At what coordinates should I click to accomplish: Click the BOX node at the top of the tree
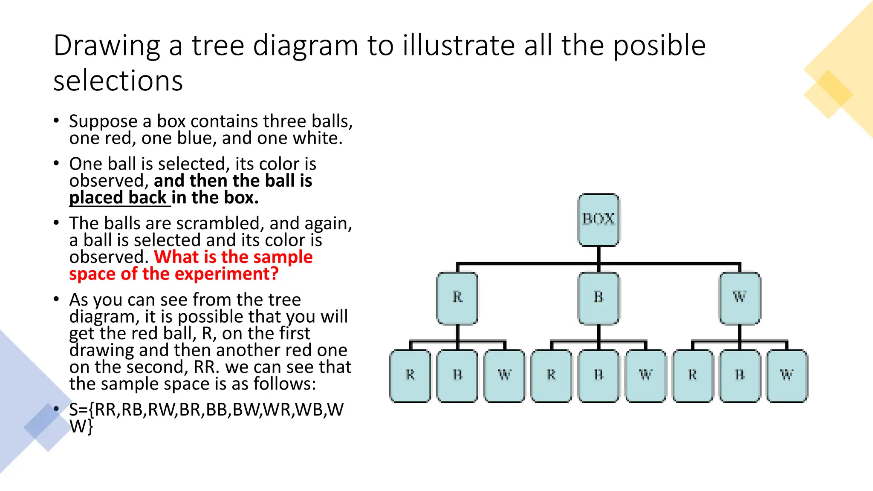(x=598, y=220)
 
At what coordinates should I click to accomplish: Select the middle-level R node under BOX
(x=457, y=297)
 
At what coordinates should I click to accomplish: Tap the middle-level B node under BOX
(x=598, y=297)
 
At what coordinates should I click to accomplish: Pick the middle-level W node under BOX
(x=740, y=297)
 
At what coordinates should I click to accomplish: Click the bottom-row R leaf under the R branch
(x=410, y=375)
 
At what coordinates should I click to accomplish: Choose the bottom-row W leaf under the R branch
(x=504, y=375)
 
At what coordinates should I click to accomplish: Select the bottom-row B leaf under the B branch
(x=598, y=375)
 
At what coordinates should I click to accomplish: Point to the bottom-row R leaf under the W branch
(x=693, y=375)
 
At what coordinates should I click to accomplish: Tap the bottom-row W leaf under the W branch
(x=787, y=375)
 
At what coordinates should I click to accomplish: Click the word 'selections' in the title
(x=118, y=81)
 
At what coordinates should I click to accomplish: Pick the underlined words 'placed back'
(x=118, y=198)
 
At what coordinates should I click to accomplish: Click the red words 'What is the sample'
(x=233, y=257)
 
